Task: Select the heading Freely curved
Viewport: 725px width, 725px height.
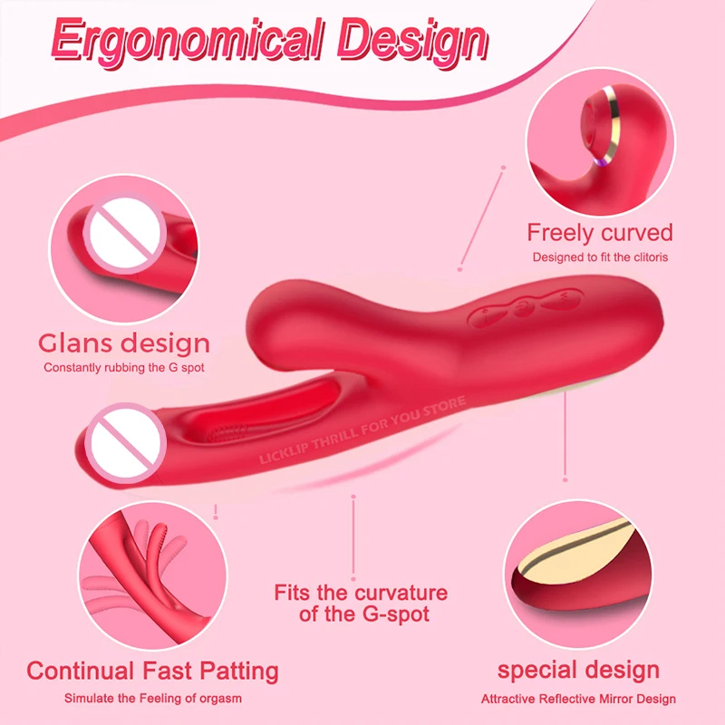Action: click(600, 233)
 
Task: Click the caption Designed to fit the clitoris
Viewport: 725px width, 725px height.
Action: click(599, 257)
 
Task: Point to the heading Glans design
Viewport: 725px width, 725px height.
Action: click(124, 343)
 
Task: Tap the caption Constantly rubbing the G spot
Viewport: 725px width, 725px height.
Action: click(124, 368)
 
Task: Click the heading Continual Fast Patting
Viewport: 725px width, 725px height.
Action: click(152, 672)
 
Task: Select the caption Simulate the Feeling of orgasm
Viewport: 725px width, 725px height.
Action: click(152, 699)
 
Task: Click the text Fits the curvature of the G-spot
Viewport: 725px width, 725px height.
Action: click(361, 604)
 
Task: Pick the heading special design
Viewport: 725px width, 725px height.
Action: click(578, 672)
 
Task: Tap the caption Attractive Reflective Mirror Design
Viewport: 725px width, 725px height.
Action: click(578, 699)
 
